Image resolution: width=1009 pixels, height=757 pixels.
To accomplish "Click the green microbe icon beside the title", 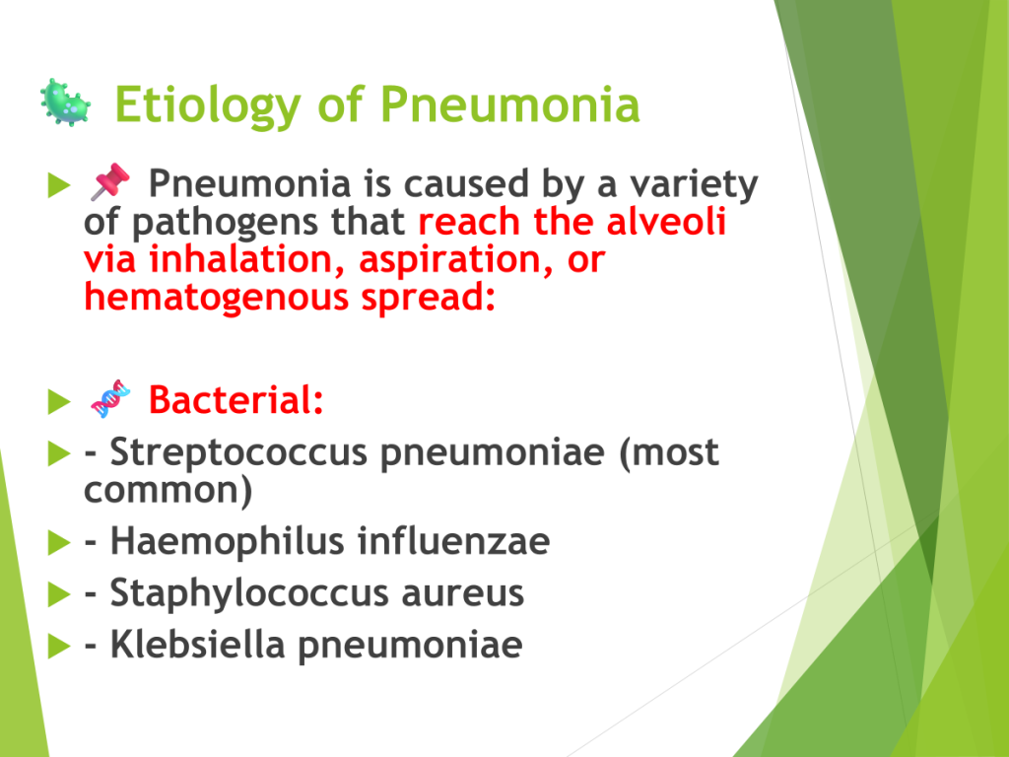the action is [65, 103].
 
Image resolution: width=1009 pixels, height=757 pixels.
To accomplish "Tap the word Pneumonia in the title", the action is [510, 104].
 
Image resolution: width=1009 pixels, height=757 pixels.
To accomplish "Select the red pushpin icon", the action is [109, 181].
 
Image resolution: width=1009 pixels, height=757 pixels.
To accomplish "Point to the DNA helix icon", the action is [110, 399].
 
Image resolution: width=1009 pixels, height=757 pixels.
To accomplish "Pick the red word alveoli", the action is [667, 222].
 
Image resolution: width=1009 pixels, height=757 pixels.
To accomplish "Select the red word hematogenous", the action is [216, 298].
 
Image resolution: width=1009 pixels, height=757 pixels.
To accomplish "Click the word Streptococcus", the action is [238, 453].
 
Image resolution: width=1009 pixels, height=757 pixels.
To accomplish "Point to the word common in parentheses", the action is [162, 491].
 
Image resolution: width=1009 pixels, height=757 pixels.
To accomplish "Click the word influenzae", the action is [453, 541].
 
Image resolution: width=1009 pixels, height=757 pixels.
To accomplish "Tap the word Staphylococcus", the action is [249, 593].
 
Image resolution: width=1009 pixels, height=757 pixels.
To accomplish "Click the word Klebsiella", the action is [197, 644].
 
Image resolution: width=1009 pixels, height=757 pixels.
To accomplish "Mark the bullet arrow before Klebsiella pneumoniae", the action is [59, 646].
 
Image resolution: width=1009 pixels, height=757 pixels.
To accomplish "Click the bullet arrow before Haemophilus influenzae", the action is [59, 543].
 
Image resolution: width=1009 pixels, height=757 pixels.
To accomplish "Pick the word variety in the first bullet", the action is [695, 185].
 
